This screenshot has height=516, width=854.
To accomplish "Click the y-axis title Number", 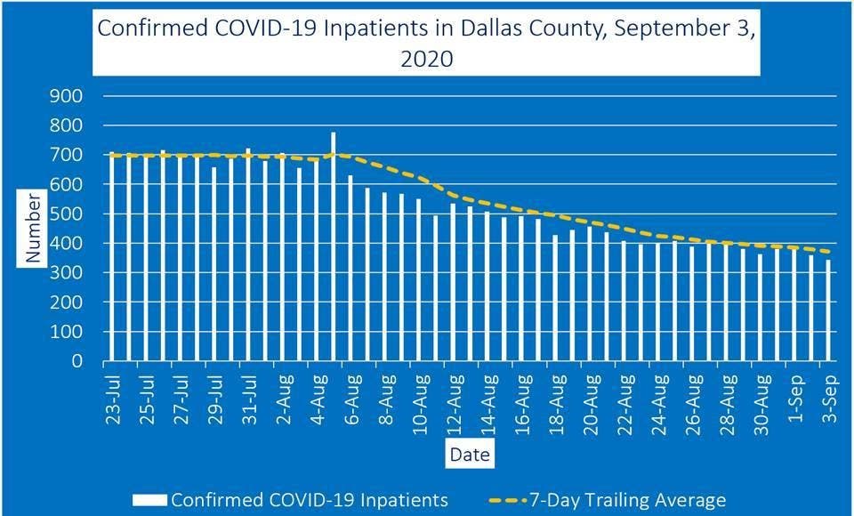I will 34,230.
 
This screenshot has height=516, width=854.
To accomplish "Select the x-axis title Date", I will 469,455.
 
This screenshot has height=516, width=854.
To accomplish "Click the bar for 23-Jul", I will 113,258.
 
